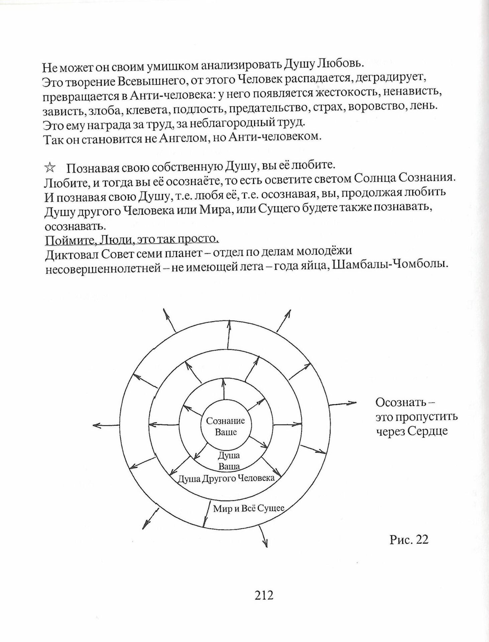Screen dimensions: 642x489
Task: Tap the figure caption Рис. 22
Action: coord(408,539)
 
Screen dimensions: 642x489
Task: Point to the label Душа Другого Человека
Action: coord(226,478)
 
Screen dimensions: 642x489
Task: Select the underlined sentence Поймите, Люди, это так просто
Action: coord(132,240)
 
